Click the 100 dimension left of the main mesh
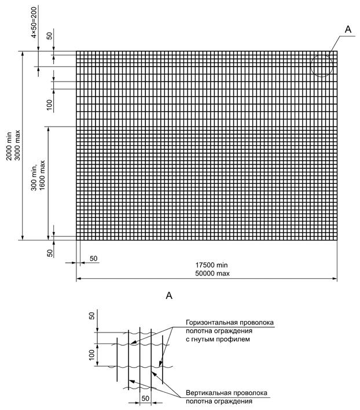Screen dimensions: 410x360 [50, 104]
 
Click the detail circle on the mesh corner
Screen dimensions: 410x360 [321, 65]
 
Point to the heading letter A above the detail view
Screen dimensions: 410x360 [170, 296]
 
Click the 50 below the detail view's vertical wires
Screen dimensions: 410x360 [146, 399]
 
